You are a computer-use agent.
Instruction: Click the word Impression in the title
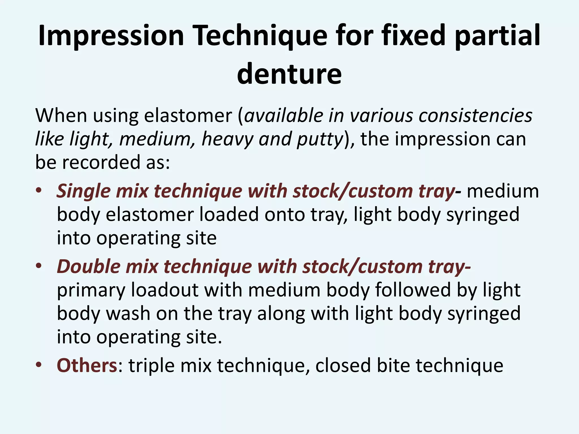[x=111, y=36]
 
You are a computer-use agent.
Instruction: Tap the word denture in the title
[x=289, y=73]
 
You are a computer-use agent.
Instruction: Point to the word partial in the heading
[x=498, y=36]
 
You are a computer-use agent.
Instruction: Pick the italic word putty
[x=320, y=139]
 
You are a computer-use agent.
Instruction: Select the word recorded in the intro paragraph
[x=101, y=162]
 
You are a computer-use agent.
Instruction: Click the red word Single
[x=83, y=191]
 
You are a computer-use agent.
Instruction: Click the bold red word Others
[x=87, y=365]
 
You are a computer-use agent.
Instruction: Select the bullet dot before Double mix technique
[x=39, y=266]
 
